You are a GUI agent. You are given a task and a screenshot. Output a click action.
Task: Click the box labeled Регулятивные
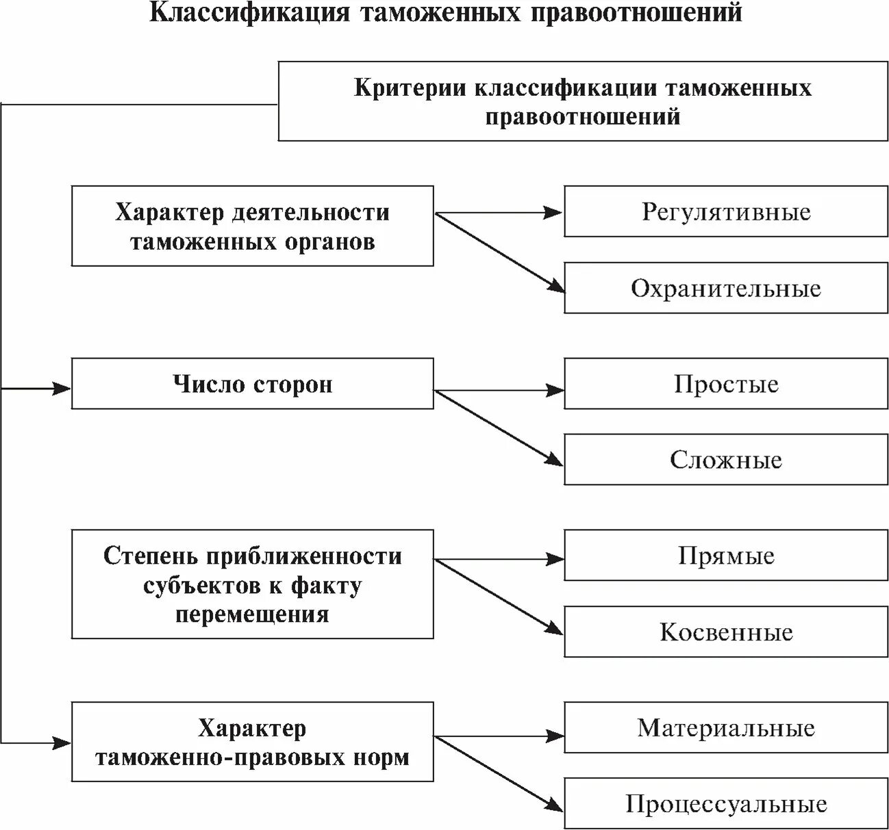[x=726, y=211]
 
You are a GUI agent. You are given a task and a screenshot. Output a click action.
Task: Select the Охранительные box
[x=726, y=288]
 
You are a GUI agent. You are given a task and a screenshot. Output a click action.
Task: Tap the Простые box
[x=726, y=383]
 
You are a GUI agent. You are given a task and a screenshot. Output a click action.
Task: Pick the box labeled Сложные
[x=726, y=459]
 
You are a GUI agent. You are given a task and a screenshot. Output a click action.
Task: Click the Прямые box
[x=726, y=555]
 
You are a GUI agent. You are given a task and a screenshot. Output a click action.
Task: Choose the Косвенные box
[x=726, y=632]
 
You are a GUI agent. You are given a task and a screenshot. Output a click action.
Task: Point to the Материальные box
[x=726, y=727]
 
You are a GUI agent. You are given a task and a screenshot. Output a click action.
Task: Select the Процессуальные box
[x=726, y=804]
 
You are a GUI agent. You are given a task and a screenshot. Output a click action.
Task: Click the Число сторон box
[x=252, y=384]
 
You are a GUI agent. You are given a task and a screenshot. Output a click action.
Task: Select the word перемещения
[x=252, y=614]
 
